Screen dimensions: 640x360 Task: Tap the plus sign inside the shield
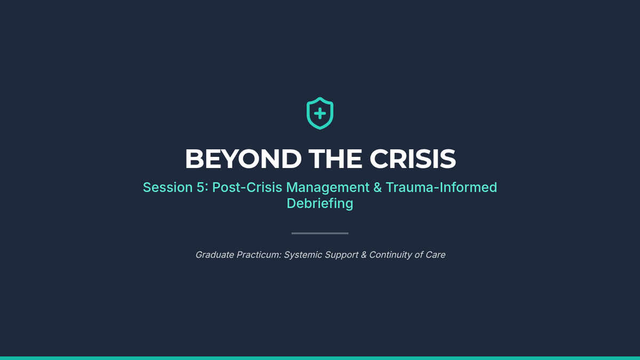point(320,114)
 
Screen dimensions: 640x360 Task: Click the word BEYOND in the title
point(243,159)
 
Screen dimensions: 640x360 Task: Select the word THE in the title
point(335,159)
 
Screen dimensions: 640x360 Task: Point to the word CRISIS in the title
point(413,159)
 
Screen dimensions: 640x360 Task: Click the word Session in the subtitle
point(167,187)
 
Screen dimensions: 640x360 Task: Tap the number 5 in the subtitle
point(201,187)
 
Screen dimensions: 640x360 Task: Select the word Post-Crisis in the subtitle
point(247,187)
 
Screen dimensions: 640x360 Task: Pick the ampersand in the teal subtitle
point(378,187)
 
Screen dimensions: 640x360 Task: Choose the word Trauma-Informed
point(442,187)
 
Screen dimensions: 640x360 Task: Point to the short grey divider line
point(320,233)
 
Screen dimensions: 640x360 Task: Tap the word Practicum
point(259,254)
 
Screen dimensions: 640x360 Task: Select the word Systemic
point(303,255)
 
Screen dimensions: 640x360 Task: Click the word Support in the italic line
point(341,255)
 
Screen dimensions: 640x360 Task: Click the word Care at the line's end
point(435,254)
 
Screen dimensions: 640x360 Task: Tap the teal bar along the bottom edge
point(320,358)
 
